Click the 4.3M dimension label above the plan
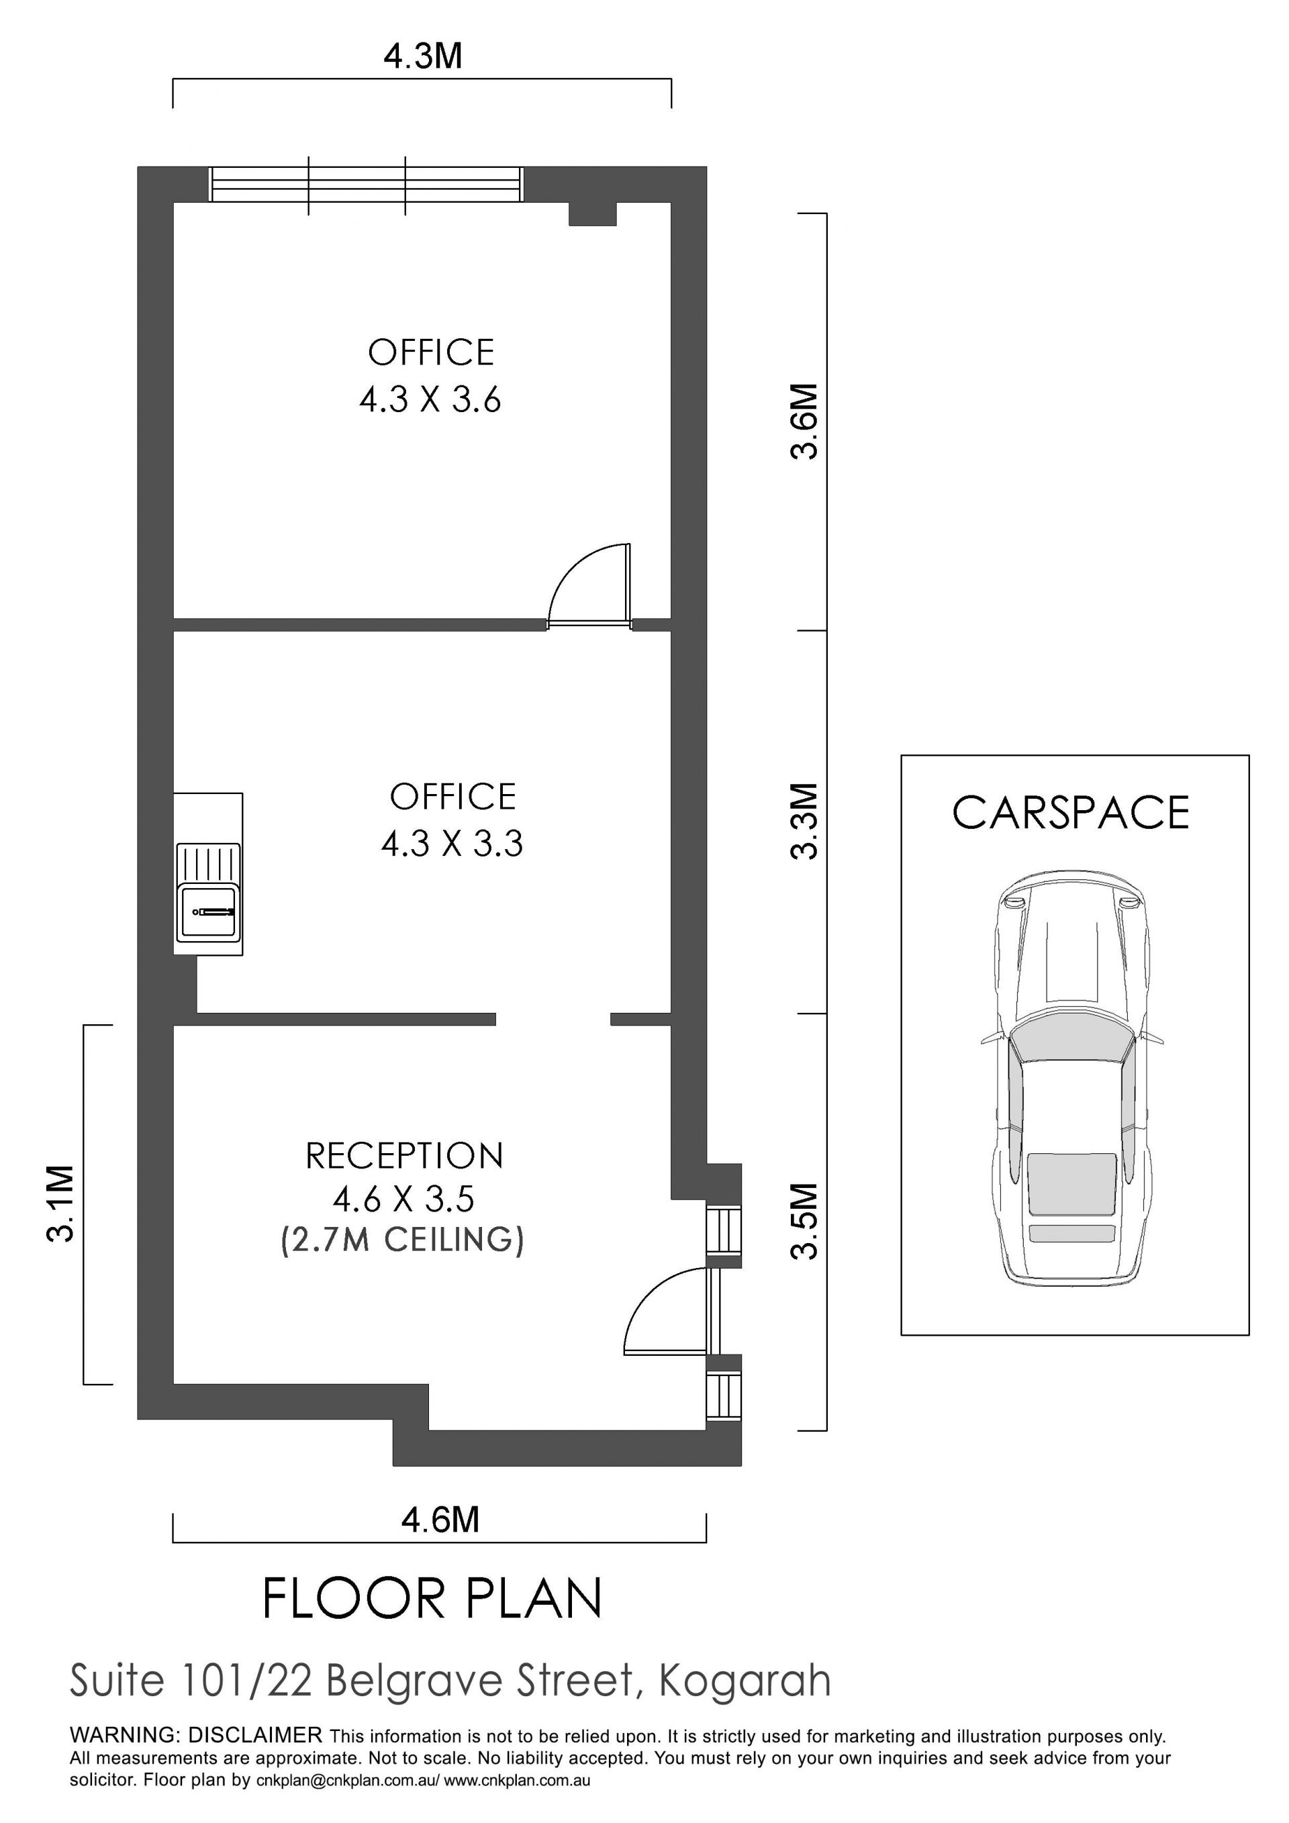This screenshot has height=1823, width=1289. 422,56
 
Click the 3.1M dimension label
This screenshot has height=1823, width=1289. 61,1203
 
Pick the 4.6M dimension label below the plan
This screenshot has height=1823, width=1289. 440,1520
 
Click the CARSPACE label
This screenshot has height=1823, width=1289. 1071,813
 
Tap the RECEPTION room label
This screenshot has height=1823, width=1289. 404,1156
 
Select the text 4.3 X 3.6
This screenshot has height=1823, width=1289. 430,399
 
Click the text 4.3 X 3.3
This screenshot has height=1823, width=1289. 452,843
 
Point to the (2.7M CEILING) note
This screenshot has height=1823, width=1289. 403,1240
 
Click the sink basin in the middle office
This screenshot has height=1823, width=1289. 208,911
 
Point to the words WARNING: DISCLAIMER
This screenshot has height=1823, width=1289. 196,1735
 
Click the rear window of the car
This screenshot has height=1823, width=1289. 1071,1185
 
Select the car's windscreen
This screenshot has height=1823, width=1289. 1071,1037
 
